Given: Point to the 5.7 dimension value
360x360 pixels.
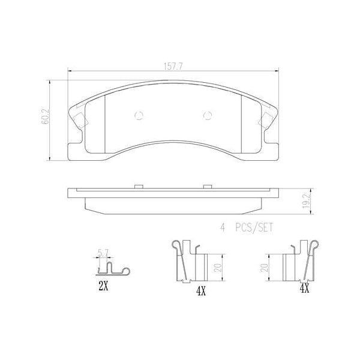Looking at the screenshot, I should coord(103,253).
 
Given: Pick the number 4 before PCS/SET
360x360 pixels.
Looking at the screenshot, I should coord(222,227).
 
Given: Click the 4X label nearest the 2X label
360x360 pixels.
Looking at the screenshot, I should coord(200,292).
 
